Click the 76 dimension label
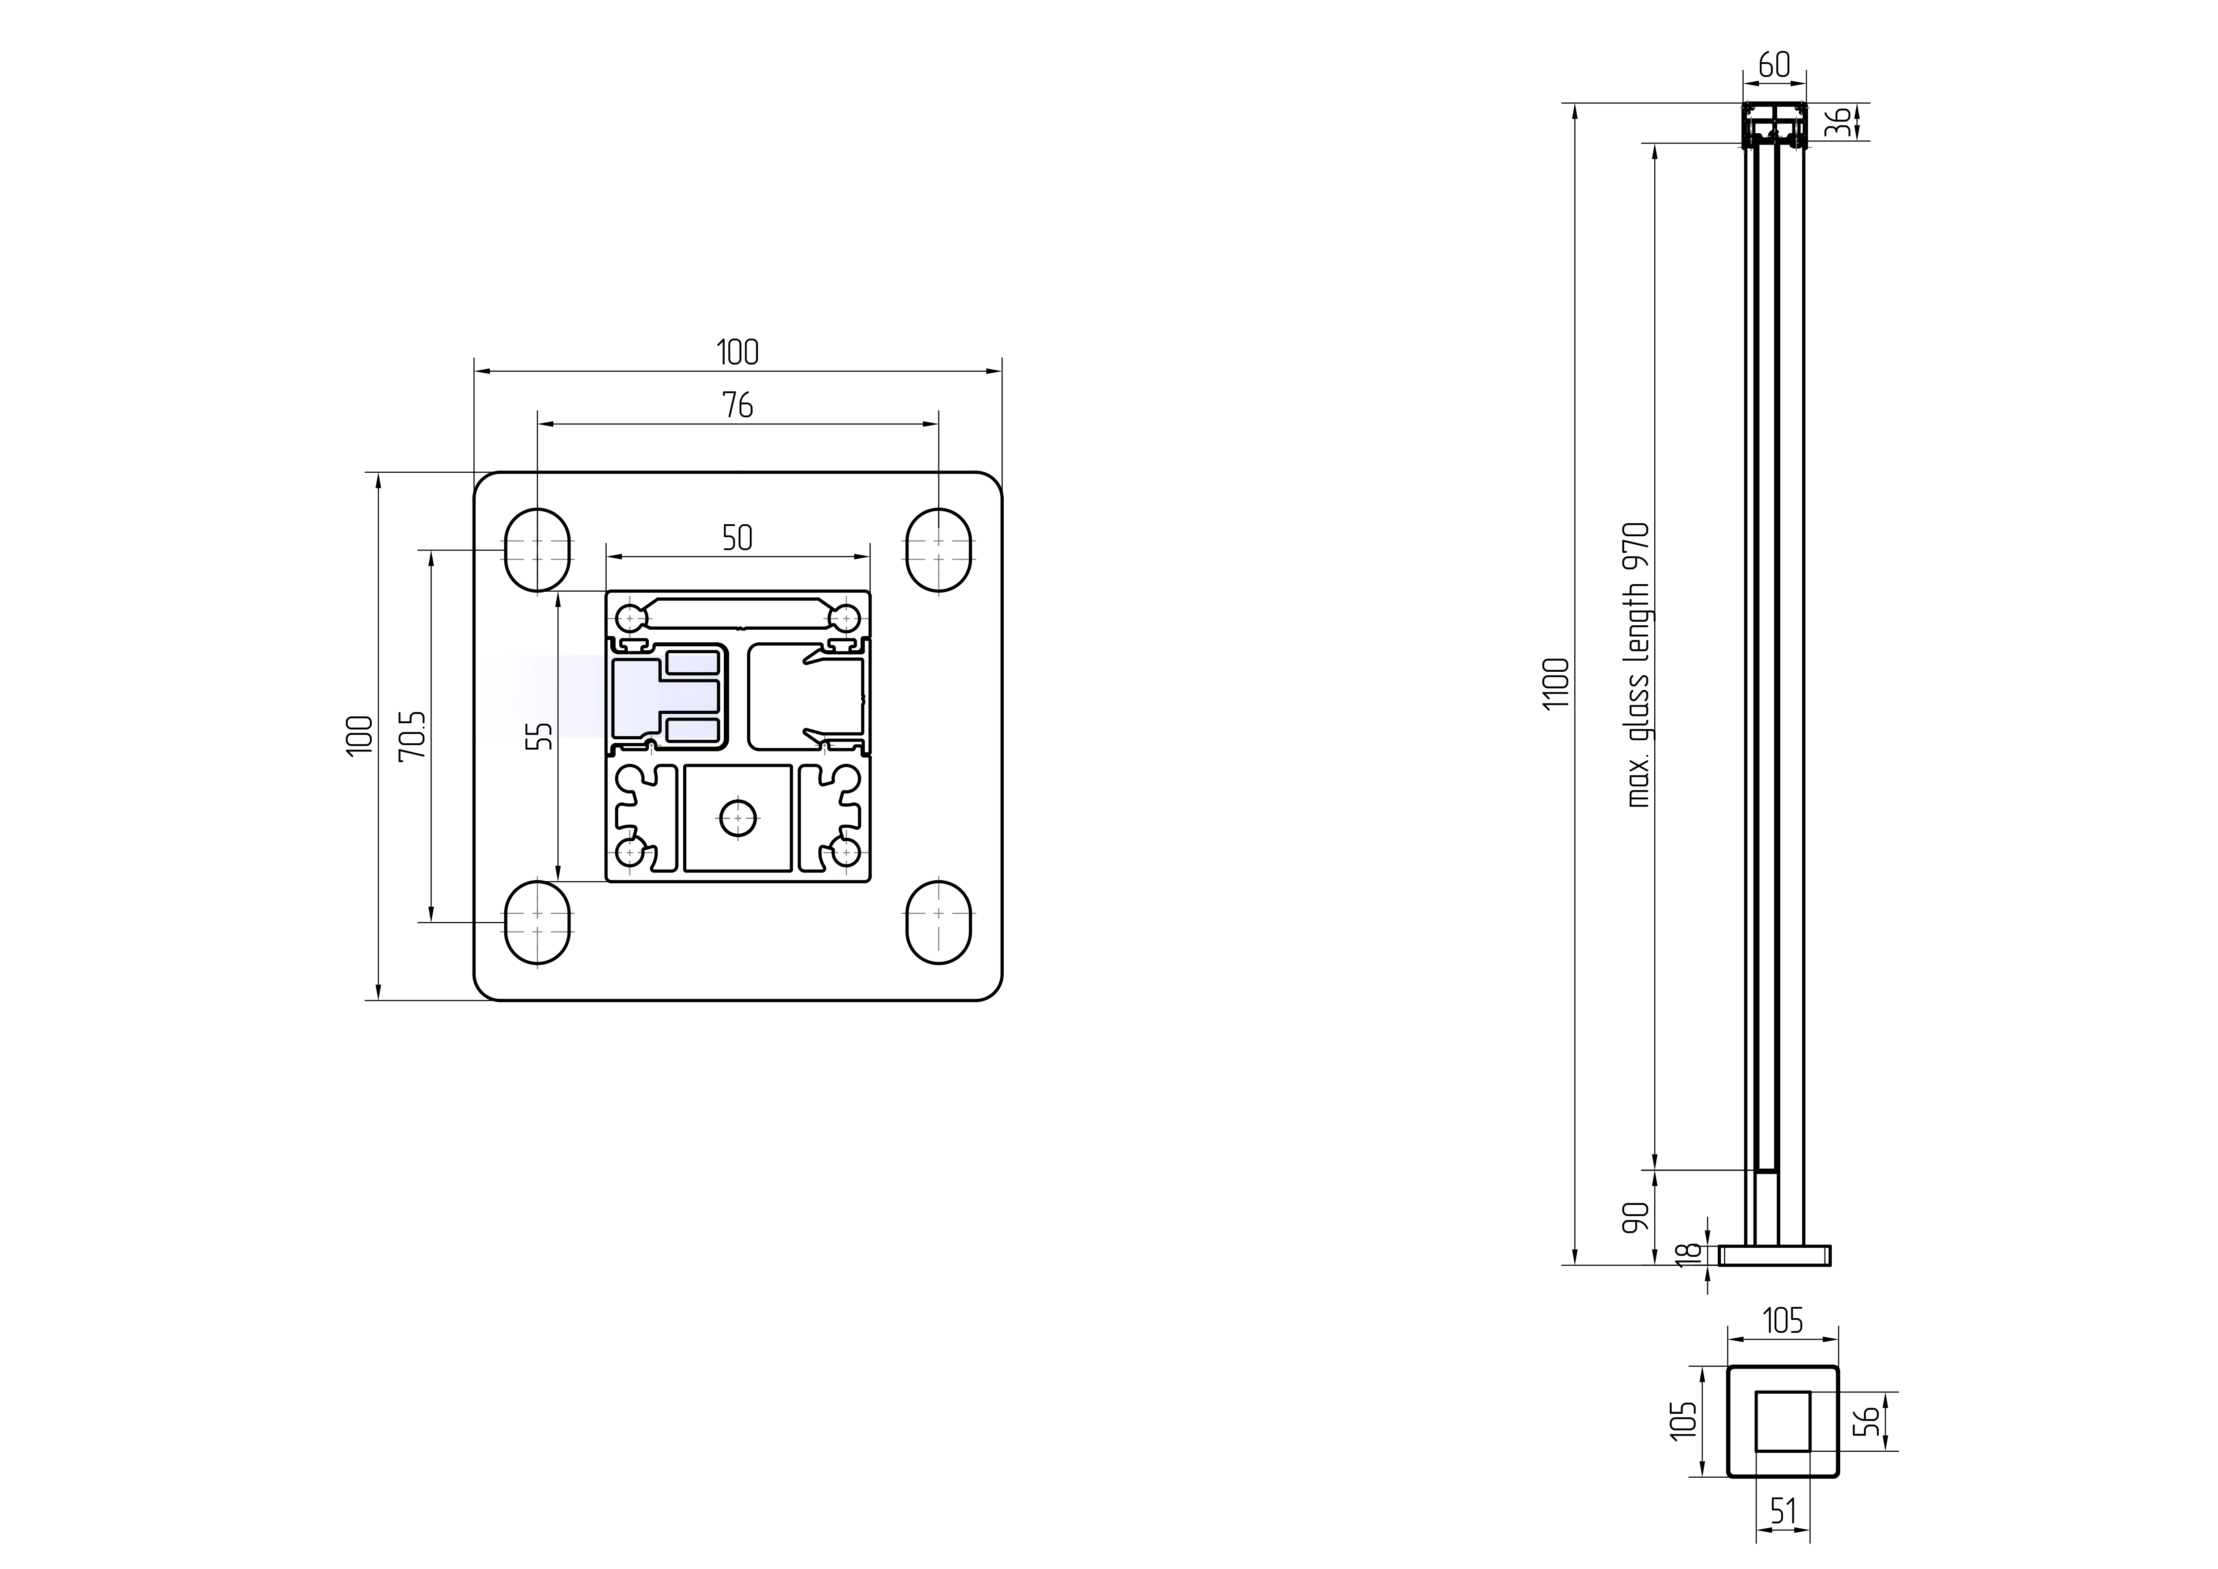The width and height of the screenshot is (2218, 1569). pos(737,406)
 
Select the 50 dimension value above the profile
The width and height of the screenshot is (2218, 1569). pos(737,538)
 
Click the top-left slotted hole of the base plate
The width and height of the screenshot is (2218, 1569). pos(537,550)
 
